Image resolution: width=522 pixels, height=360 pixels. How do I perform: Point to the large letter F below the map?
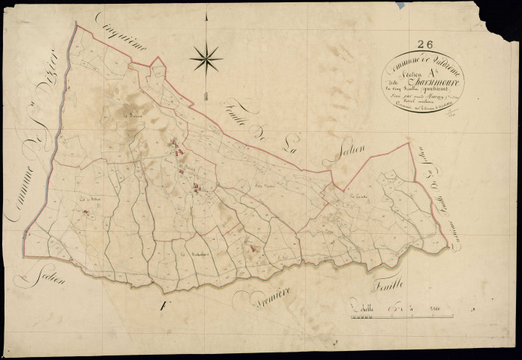pyautogui.click(x=162, y=306)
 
